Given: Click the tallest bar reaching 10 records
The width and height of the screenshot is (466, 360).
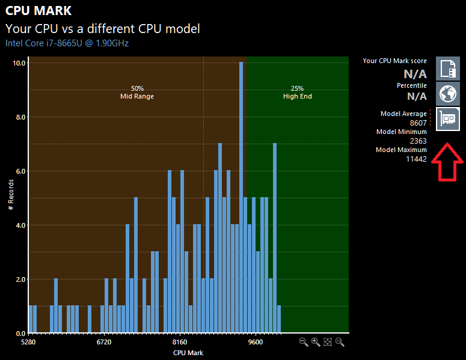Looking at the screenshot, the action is (x=241, y=197).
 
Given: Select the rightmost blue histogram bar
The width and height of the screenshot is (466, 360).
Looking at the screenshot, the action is (x=279, y=319).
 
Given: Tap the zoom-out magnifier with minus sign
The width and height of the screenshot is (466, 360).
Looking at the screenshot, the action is (x=304, y=342).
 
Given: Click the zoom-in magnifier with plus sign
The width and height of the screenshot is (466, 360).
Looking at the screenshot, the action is (x=316, y=342).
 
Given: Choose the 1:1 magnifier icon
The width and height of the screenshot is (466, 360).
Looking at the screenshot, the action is (x=340, y=342).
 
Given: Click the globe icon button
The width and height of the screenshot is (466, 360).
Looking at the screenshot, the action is (x=448, y=94).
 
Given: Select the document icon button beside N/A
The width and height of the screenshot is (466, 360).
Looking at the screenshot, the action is (x=448, y=69).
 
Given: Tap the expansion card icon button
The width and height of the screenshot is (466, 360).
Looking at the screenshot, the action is (x=448, y=119).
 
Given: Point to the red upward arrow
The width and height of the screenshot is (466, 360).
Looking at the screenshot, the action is (x=447, y=162).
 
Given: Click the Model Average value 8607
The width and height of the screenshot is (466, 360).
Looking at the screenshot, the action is (x=418, y=123).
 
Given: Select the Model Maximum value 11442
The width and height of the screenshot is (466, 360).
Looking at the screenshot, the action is (x=416, y=159).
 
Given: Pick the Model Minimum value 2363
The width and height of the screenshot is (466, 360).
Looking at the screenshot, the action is (x=418, y=141).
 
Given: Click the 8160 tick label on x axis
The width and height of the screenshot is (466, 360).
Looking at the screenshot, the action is (x=180, y=342).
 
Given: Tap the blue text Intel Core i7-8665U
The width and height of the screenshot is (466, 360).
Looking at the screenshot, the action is (x=44, y=43).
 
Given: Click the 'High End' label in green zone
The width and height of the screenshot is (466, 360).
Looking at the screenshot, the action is (x=298, y=96).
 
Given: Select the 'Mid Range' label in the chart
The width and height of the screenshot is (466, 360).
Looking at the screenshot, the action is (x=137, y=96).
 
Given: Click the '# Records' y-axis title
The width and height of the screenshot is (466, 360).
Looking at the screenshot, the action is (x=11, y=195).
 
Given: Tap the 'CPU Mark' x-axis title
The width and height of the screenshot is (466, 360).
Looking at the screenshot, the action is (x=188, y=353).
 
